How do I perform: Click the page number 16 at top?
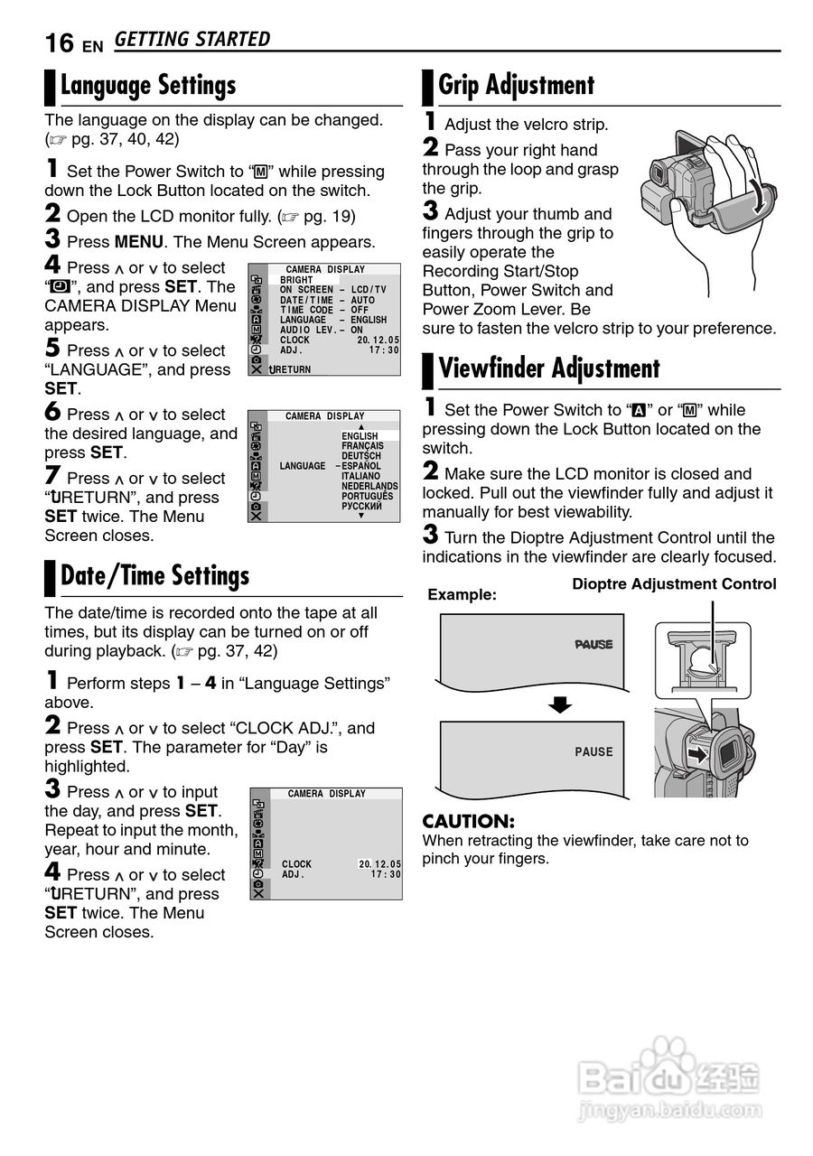(x=60, y=42)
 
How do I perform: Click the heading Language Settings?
(x=148, y=86)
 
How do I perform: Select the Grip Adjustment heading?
(x=516, y=86)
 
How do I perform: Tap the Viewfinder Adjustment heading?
(x=549, y=368)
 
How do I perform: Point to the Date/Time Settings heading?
(x=154, y=576)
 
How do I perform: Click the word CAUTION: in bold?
(x=468, y=822)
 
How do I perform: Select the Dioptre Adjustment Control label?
(x=674, y=584)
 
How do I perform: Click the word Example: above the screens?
(x=462, y=595)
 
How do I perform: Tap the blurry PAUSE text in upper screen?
(x=593, y=645)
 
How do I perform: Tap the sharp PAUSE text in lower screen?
(x=593, y=752)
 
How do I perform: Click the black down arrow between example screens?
(x=561, y=704)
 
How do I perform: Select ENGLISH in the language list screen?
(x=360, y=436)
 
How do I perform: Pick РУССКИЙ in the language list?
(x=361, y=506)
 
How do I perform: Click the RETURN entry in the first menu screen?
(x=291, y=370)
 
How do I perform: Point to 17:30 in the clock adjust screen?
(x=386, y=874)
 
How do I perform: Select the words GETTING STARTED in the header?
(x=192, y=40)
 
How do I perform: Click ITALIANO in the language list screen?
(x=360, y=476)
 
